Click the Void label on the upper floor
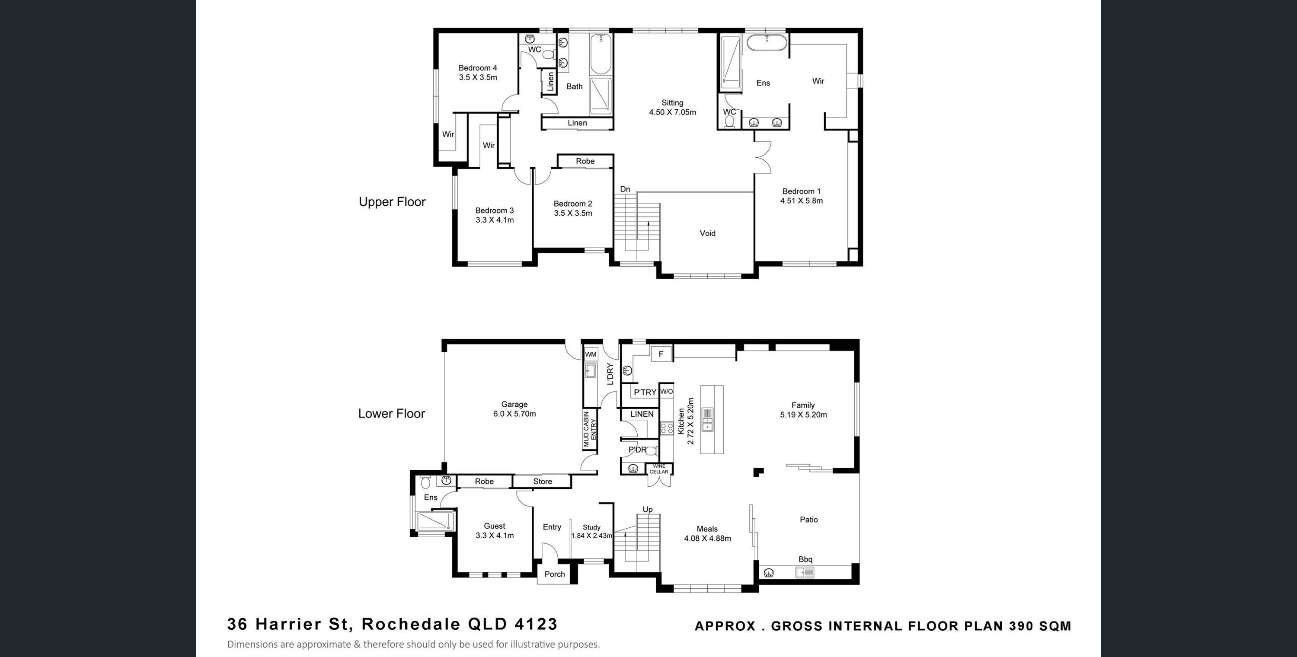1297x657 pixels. [707, 233]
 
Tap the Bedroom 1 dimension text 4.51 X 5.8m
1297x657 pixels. [802, 201]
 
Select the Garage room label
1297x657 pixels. [514, 404]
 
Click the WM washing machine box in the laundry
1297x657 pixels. [591, 354]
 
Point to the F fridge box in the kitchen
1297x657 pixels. [661, 354]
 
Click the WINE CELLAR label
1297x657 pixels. [659, 469]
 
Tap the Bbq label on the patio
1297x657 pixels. [805, 559]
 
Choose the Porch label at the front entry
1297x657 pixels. [554, 574]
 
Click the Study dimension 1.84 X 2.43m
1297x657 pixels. [591, 536]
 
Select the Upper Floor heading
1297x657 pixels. [392, 202]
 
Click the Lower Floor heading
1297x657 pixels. [392, 414]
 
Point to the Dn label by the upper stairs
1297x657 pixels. [625, 189]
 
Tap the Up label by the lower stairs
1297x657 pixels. [648, 510]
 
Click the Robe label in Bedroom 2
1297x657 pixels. [585, 161]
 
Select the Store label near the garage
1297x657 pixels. [542, 482]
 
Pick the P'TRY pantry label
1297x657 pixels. [645, 392]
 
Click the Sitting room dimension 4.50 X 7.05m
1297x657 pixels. [673, 112]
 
